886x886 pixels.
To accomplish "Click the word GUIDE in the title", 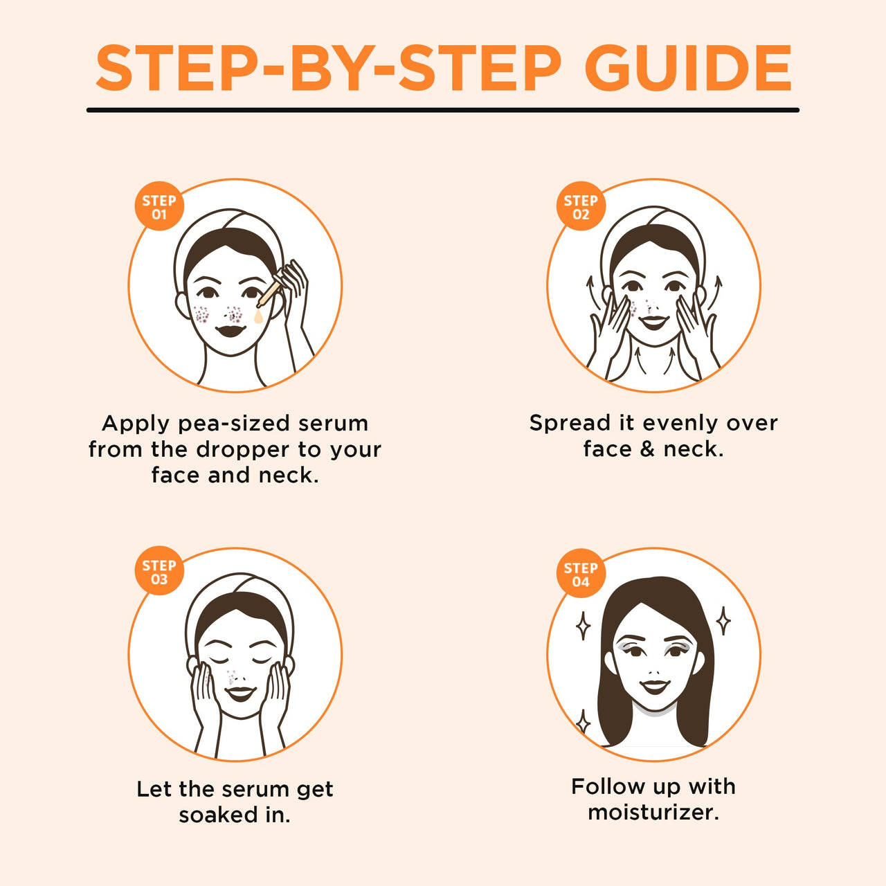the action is pyautogui.click(x=688, y=69).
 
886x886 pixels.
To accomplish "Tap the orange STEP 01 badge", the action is pyautogui.click(x=159, y=206).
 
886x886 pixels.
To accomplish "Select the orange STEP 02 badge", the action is pyautogui.click(x=581, y=206).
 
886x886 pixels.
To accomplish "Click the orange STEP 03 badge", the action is pyautogui.click(x=159, y=570).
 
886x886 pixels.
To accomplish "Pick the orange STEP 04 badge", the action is pyautogui.click(x=581, y=573).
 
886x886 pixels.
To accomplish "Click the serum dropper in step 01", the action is pyautogui.click(x=269, y=293).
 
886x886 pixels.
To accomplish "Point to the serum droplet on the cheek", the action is pyautogui.click(x=258, y=316).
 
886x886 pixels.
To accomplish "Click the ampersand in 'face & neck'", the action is pyautogui.click(x=647, y=449).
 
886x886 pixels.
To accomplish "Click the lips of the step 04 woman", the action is pyautogui.click(x=655, y=687).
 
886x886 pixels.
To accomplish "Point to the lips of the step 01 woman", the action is pyautogui.click(x=230, y=330).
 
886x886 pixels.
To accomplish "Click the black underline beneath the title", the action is pyautogui.click(x=443, y=110).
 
